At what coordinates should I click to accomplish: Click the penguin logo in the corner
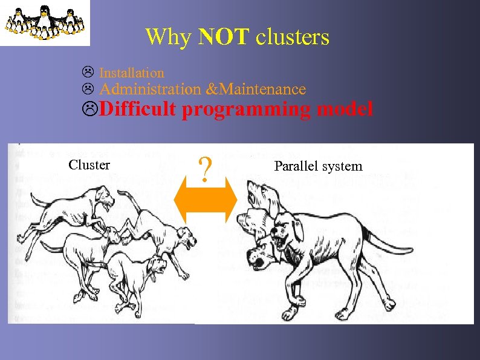point(45,23)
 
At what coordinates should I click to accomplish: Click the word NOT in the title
point(223,38)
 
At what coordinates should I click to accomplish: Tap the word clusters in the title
point(292,38)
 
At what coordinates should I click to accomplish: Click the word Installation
point(131,73)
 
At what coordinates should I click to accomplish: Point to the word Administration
point(149,90)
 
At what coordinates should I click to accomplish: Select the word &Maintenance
point(256,90)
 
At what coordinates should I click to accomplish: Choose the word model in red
point(345,110)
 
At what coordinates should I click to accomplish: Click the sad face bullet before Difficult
point(90,110)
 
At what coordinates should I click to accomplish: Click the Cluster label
point(89,165)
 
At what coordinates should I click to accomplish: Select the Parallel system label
point(318,166)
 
